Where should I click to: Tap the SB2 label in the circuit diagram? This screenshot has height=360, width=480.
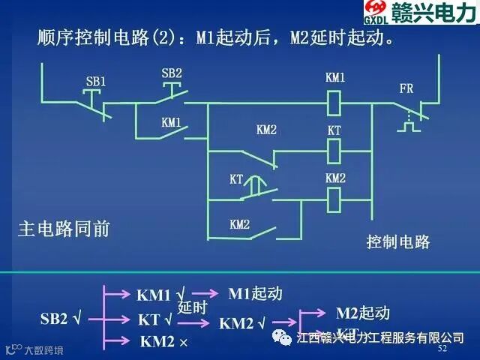(172, 73)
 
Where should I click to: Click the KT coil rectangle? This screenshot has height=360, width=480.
(335, 151)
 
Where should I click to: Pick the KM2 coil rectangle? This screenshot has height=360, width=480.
(335, 199)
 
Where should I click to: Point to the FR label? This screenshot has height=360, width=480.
(406, 88)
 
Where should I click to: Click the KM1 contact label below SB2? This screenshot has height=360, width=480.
(172, 121)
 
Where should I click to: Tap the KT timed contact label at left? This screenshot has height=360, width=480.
(237, 179)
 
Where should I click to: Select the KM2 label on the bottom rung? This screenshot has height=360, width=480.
(240, 223)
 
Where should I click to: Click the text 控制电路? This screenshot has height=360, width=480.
(398, 241)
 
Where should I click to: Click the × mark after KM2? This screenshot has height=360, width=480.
(183, 342)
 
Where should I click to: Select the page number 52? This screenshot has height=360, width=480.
(442, 349)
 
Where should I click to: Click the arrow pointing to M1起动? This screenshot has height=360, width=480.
(205, 293)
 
